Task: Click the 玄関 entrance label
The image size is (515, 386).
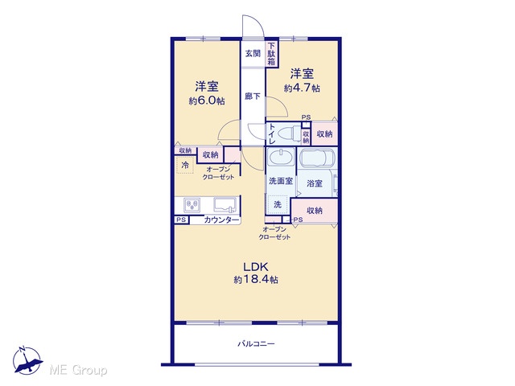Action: click(253, 53)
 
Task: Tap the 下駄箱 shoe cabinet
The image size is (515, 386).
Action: click(271, 55)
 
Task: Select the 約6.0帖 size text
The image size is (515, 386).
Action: click(207, 101)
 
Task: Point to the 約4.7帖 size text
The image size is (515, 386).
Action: click(302, 88)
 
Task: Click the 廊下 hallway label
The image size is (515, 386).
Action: click(253, 96)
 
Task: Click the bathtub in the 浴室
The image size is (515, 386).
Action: click(317, 158)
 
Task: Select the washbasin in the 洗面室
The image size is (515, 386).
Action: click(281, 157)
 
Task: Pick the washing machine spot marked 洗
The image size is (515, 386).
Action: click(278, 204)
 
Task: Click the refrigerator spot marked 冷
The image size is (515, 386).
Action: click(185, 165)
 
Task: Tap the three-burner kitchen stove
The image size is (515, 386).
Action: click(192, 205)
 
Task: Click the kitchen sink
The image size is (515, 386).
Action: click(225, 205)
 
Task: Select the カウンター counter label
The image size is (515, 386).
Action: click(221, 220)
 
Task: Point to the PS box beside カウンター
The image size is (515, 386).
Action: click(181, 220)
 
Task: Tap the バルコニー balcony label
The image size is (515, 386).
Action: click(256, 343)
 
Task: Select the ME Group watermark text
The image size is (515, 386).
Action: click(78, 371)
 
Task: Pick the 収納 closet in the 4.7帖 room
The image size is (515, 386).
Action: click(324, 133)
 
